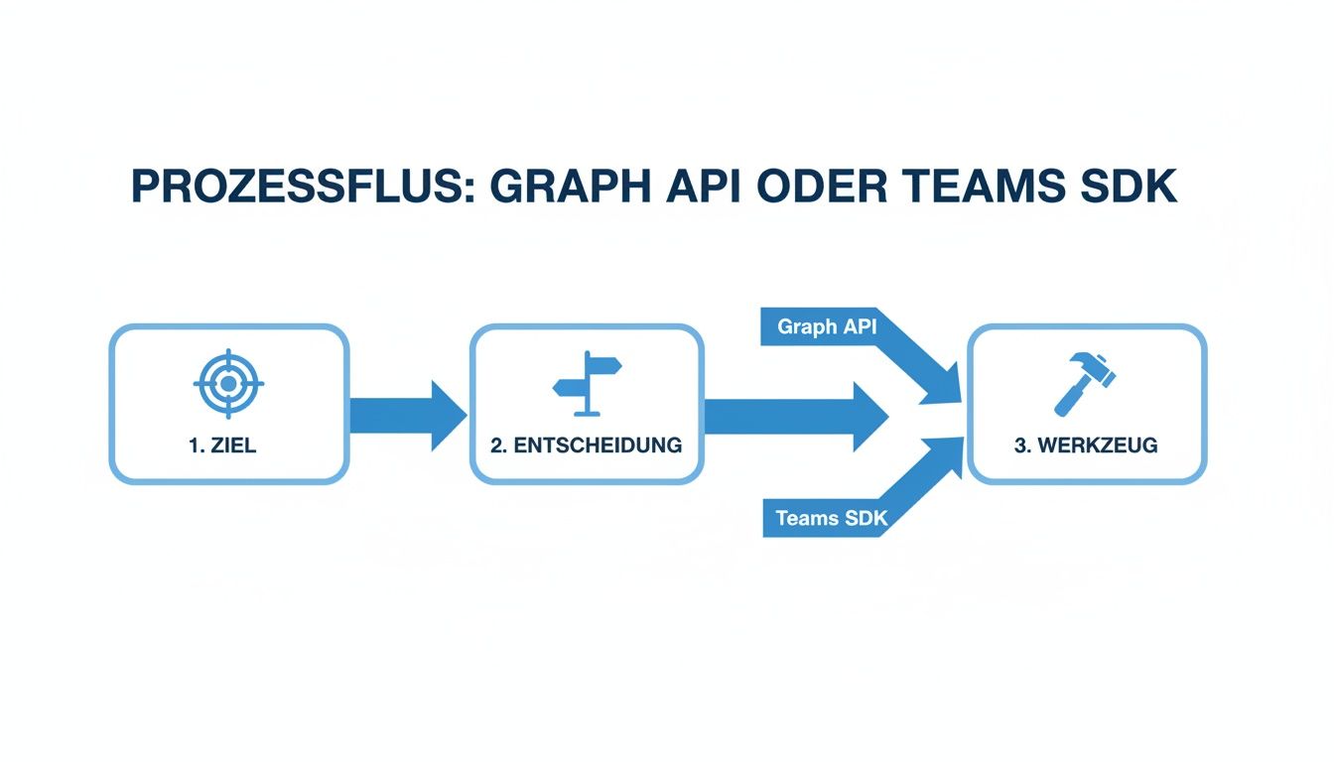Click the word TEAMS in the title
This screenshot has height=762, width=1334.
click(x=985, y=188)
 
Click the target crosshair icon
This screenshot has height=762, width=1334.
click(x=228, y=382)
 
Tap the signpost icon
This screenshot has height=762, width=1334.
click(x=588, y=382)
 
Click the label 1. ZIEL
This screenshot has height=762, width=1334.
click(x=222, y=445)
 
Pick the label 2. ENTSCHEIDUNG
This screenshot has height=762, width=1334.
click(x=587, y=445)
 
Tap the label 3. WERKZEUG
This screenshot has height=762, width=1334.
click(x=1086, y=445)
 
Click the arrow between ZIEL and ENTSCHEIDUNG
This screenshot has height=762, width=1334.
click(x=407, y=414)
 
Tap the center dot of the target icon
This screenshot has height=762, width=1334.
click(x=228, y=383)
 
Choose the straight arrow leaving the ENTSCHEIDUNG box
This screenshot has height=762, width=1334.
click(x=794, y=415)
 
